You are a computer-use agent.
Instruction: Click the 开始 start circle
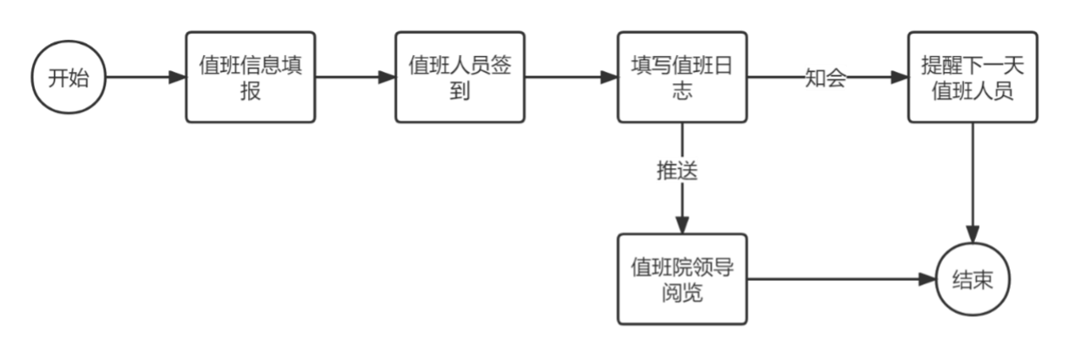[67, 78]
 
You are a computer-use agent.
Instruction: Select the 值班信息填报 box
[251, 77]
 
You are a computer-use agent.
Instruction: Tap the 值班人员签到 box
[459, 77]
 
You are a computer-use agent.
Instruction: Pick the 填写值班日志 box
[683, 77]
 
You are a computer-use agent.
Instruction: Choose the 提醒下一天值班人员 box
[972, 77]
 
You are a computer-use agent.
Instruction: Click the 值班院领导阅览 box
[683, 278]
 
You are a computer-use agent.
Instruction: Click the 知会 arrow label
[826, 79]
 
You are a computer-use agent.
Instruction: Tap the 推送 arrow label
[677, 170]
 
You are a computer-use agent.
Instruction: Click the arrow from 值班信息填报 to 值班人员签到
[355, 78]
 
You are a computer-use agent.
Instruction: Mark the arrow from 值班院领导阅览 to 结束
[841, 278]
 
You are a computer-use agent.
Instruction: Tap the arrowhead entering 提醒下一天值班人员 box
[899, 78]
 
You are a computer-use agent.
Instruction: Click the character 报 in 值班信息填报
[251, 91]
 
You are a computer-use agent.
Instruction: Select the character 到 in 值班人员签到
[459, 91]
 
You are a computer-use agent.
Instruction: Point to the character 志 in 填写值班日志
[683, 91]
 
